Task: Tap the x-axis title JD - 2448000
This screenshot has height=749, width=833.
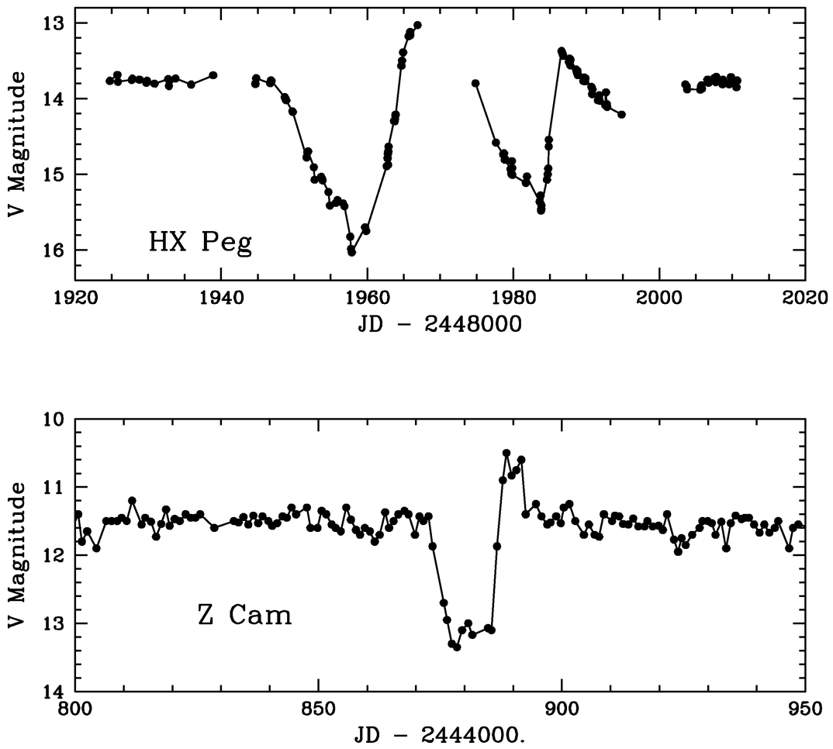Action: (440, 324)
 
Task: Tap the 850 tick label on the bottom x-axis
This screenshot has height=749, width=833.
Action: (318, 707)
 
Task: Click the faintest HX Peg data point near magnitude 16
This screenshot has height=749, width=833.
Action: (351, 252)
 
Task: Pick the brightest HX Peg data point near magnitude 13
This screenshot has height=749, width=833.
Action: (417, 25)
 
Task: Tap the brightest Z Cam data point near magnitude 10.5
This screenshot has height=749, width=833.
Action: (506, 453)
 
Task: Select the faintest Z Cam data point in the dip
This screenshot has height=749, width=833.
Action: (457, 647)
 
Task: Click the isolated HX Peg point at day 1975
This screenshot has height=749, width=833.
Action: (475, 83)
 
